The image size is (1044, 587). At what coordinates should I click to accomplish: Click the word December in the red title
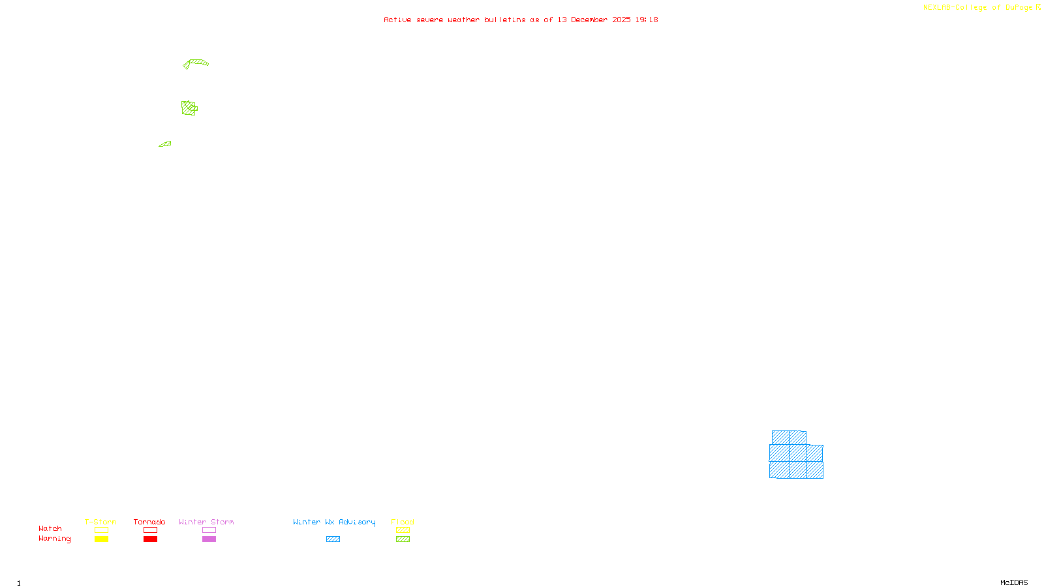(589, 20)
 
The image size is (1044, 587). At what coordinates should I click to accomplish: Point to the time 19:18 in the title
(647, 20)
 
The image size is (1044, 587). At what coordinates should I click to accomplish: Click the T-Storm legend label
(100, 522)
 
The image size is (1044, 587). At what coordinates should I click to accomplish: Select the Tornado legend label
(149, 522)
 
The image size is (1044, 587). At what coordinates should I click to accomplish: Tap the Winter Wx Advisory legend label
(334, 522)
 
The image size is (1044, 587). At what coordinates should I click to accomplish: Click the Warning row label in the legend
(54, 539)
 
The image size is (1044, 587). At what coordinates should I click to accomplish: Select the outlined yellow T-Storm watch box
(101, 530)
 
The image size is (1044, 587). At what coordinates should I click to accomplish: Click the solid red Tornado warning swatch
(150, 539)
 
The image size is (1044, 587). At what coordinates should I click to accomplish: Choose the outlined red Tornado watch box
(150, 530)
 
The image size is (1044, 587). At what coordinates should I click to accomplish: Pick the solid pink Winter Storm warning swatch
(209, 539)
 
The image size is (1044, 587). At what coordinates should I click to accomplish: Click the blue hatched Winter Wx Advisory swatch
(333, 539)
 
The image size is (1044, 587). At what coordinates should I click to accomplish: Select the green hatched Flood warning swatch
(403, 539)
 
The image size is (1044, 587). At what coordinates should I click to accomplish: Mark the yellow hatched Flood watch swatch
(403, 530)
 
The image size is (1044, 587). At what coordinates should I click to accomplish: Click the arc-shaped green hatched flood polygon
(197, 63)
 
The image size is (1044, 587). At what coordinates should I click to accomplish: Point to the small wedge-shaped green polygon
(166, 144)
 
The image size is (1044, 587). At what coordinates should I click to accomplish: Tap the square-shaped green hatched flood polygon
(189, 108)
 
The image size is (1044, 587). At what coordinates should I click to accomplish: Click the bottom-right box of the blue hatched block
(815, 470)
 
